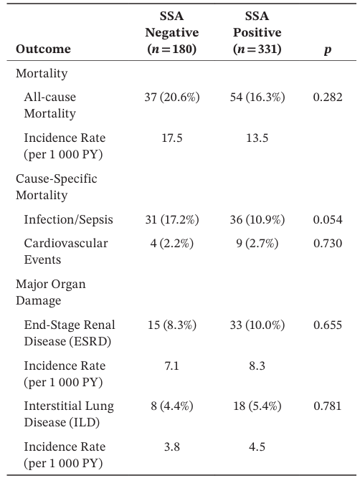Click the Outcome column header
[x=43, y=49]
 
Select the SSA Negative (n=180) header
[x=172, y=32]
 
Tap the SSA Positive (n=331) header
[x=257, y=32]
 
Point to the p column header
[x=328, y=49]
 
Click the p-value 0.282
[x=328, y=97]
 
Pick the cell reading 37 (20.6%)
[x=172, y=97]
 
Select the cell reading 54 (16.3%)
[x=257, y=97]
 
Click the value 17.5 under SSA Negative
[x=172, y=138]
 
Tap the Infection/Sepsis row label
[x=68, y=220]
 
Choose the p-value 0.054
[x=328, y=220]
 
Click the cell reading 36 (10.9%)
[x=257, y=220]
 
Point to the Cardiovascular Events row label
[x=66, y=252]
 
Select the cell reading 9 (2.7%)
[x=257, y=244]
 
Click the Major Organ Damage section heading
[x=51, y=292]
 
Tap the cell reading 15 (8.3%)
[x=172, y=325]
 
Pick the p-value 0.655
[x=328, y=325]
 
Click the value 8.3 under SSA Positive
[x=257, y=365]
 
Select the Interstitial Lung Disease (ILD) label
[x=69, y=414]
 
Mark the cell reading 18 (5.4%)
[x=257, y=406]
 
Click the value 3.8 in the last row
[x=172, y=447]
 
